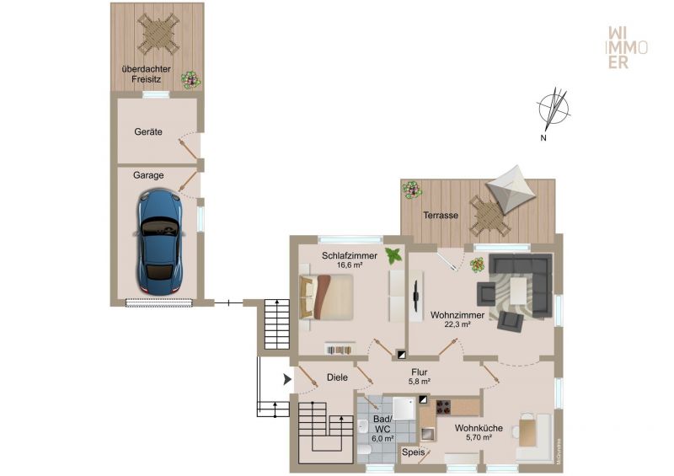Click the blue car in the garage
point(159,243)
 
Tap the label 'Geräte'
point(148,132)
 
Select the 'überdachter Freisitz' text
point(146,74)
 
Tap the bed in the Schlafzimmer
point(326,297)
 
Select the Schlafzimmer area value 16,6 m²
point(350,265)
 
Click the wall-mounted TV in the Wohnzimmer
point(416,297)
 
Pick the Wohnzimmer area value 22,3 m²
point(457,324)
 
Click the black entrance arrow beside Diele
point(287,379)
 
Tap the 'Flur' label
point(419,372)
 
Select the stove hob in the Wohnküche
point(444,407)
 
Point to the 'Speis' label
point(414,452)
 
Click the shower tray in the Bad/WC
point(404,408)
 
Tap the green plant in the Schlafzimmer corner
point(393,255)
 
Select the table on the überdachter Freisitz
point(158,34)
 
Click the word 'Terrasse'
point(441,215)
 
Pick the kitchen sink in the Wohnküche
point(427,434)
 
